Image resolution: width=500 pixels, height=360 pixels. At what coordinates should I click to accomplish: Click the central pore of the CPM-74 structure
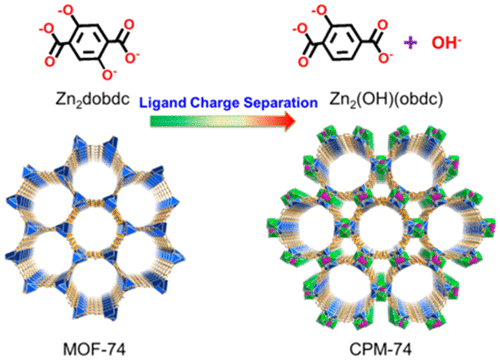click(x=376, y=225)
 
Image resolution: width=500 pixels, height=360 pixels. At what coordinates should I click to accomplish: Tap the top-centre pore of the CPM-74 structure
click(x=376, y=160)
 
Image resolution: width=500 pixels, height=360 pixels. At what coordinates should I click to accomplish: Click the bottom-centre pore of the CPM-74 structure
click(x=376, y=291)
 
